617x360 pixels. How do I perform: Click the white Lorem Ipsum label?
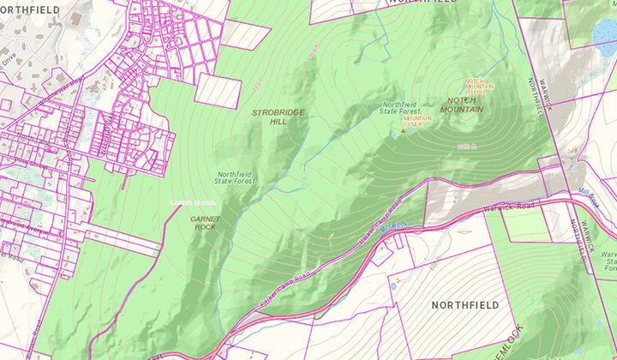tap(193, 202)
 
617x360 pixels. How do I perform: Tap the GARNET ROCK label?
tap(206, 223)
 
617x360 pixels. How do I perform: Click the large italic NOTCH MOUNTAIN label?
tap(465, 105)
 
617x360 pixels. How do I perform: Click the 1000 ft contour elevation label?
tap(465, 148)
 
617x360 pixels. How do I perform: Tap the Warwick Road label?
tap(508, 207)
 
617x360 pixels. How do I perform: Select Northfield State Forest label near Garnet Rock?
tap(236, 177)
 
